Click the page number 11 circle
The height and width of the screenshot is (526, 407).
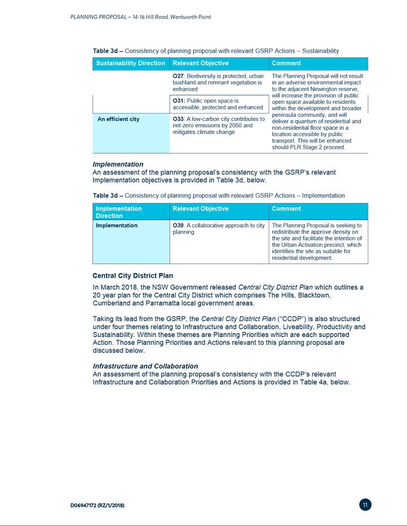366,505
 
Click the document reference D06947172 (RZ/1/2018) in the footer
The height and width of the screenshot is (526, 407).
97,505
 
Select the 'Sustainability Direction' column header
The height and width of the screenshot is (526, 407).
131,63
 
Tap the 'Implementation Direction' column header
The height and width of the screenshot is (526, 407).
119,212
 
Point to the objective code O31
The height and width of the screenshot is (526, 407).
178,101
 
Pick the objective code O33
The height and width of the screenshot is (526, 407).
178,119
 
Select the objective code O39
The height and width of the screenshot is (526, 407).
178,226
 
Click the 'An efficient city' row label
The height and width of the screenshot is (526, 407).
118,119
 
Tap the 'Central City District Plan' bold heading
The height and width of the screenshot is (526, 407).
132,276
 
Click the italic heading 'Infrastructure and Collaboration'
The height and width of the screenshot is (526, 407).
145,366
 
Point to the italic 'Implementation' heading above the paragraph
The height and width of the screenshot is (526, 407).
118,164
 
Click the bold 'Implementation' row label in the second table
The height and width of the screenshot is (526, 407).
117,226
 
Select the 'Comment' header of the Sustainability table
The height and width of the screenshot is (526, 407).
285,63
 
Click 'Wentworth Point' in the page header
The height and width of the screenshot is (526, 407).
191,17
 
